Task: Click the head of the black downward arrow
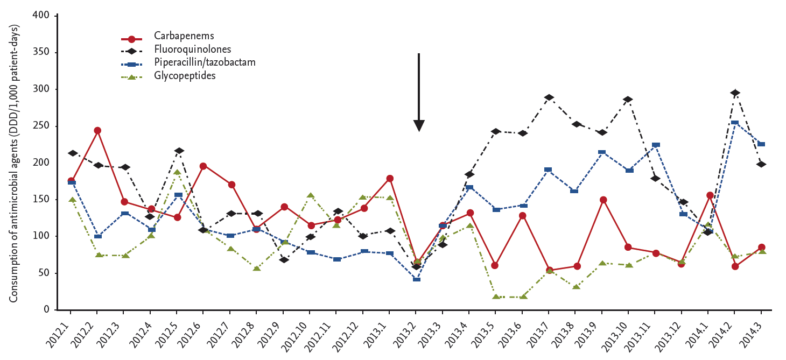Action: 419,126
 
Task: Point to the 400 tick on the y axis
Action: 42,15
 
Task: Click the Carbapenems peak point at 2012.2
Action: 97,130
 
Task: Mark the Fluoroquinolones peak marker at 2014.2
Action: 734,93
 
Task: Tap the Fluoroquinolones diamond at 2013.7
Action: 549,97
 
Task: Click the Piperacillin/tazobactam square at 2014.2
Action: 734,123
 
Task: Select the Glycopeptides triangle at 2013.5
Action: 495,297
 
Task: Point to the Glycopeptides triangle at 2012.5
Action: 177,172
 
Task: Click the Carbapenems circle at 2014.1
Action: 708,195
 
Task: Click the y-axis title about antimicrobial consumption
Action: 14,163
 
